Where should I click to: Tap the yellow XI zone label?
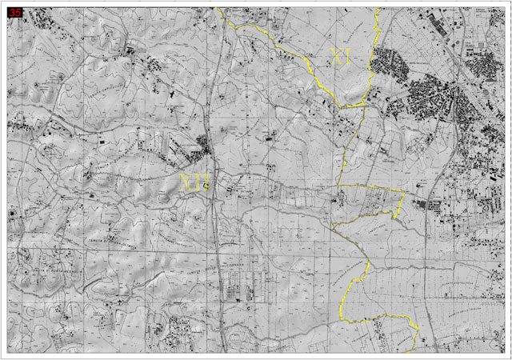click(x=342, y=55)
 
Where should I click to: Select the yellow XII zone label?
click(x=195, y=183)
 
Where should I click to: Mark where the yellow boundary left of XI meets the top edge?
click(x=218, y=9)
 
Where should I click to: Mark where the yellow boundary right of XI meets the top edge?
click(x=378, y=9)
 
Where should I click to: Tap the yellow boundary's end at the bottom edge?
click(x=406, y=351)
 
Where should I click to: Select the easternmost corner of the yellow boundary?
click(x=405, y=193)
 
